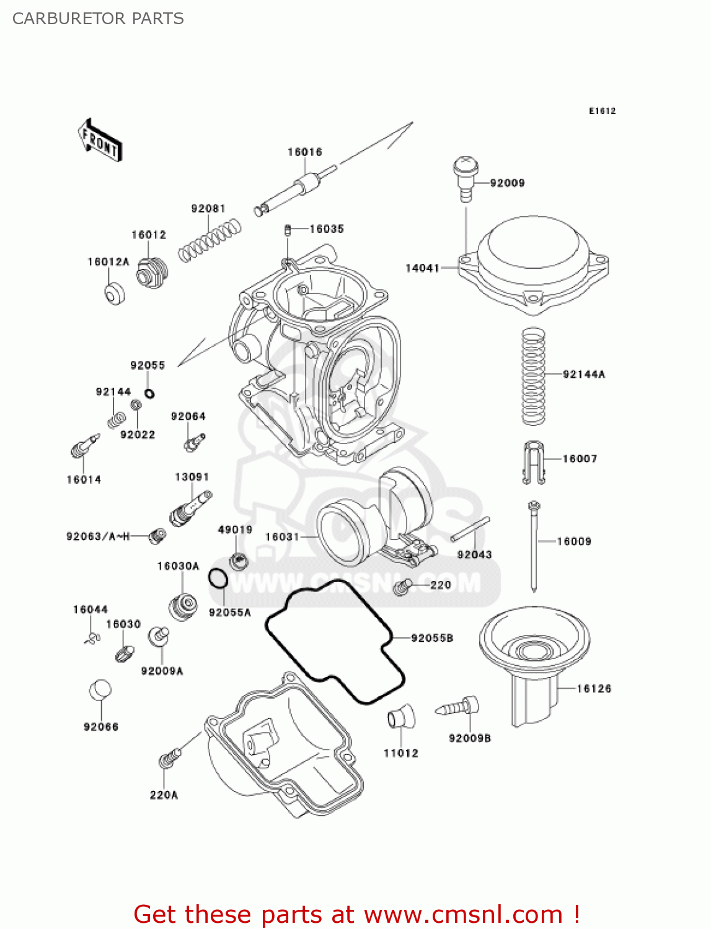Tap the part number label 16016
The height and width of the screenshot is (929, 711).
pyautogui.click(x=304, y=152)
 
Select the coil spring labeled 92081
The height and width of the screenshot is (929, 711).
pyautogui.click(x=209, y=240)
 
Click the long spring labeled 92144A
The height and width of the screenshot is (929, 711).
pyautogui.click(x=533, y=376)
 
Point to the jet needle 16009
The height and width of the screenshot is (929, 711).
pyautogui.click(x=534, y=545)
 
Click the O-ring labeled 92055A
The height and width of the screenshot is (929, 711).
pyautogui.click(x=218, y=579)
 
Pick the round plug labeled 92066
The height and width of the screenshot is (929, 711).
pyautogui.click(x=100, y=691)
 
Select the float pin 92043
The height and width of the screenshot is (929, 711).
pyautogui.click(x=470, y=529)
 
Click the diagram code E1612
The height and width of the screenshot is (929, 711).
pyautogui.click(x=602, y=111)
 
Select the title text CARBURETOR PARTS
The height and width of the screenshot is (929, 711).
pyautogui.click(x=98, y=19)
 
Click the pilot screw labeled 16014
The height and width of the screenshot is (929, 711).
pyautogui.click(x=84, y=446)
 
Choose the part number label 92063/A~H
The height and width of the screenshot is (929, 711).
pyautogui.click(x=98, y=536)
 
